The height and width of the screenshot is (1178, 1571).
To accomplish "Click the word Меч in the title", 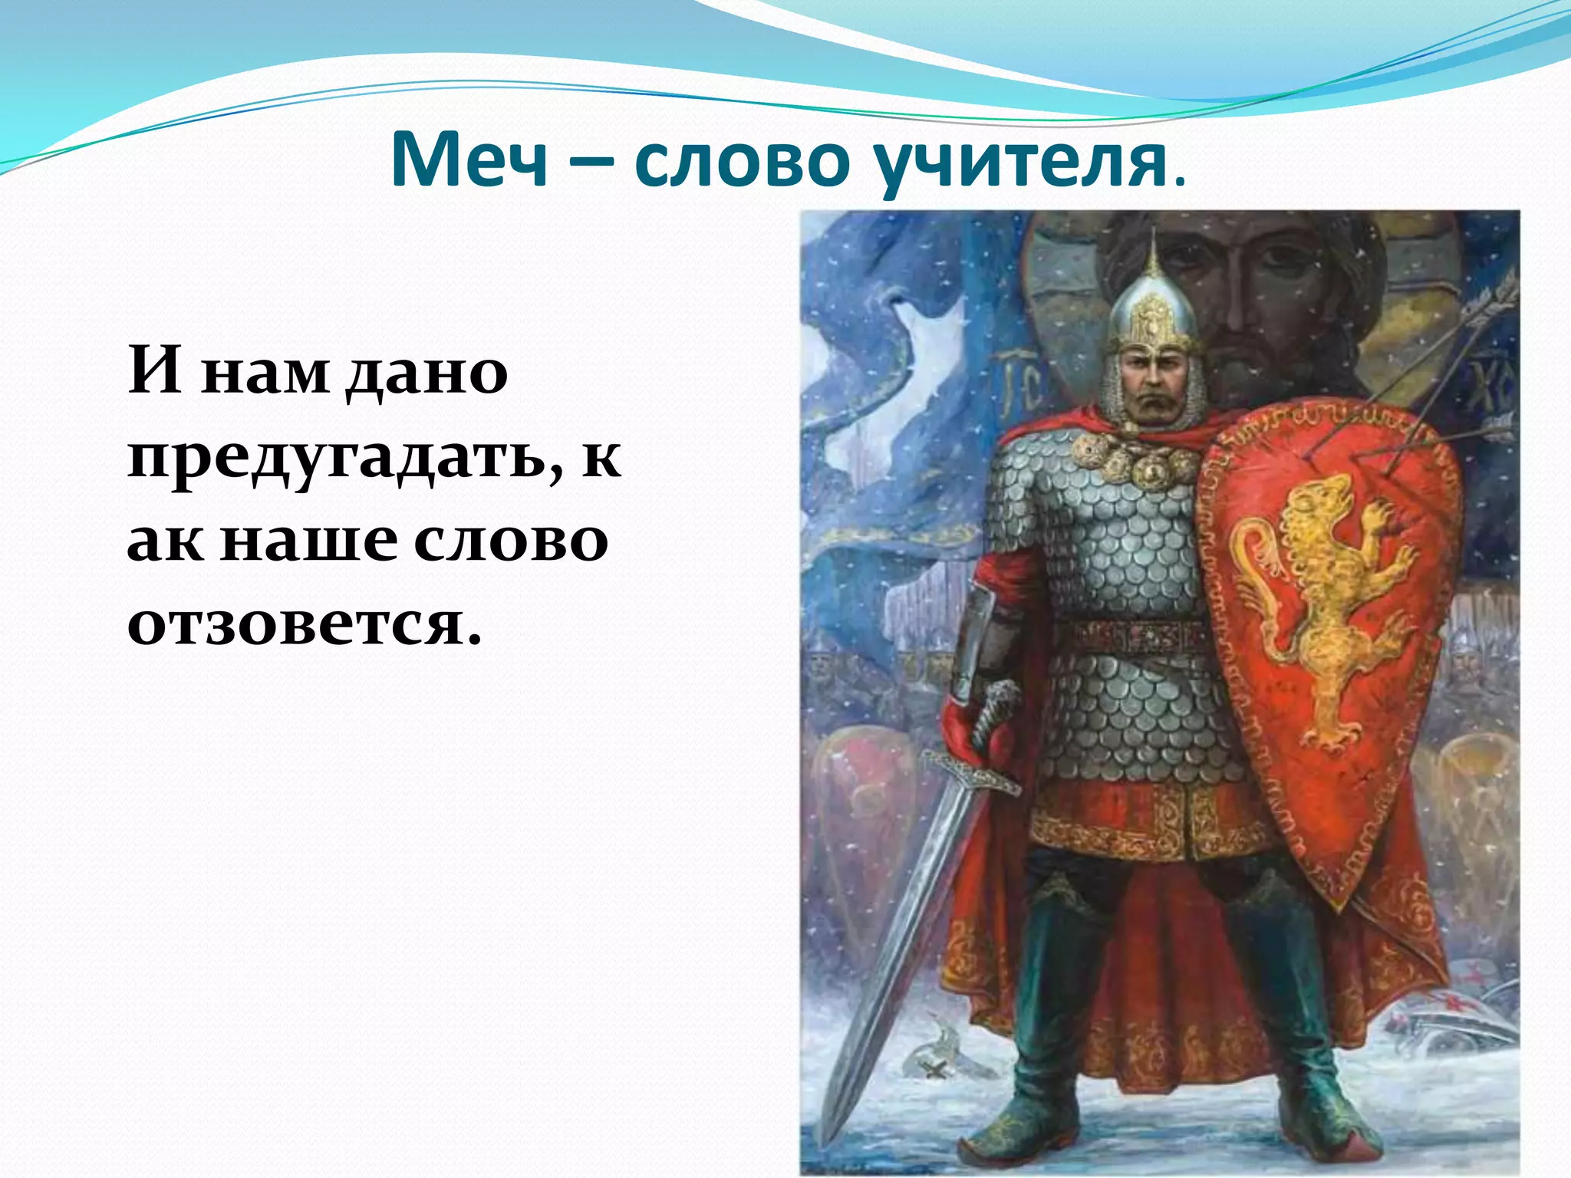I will [x=469, y=160].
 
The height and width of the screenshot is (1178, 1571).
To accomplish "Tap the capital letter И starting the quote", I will [x=155, y=371].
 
